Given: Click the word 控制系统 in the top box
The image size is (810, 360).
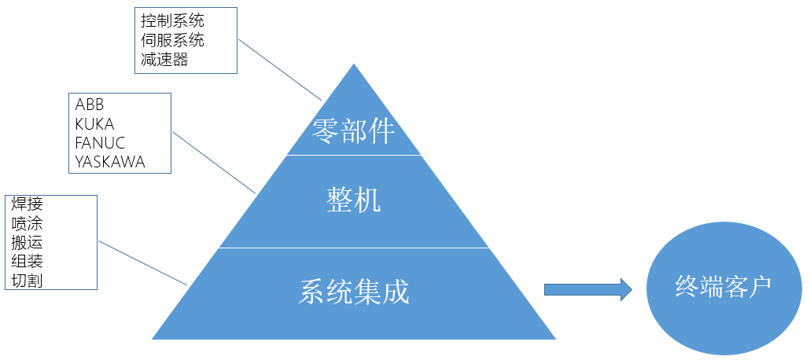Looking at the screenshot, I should click(173, 20).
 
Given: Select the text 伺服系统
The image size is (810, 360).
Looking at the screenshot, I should click(173, 39).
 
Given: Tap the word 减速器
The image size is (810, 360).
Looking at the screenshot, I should click(165, 59).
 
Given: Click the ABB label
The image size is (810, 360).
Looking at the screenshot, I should click(90, 105).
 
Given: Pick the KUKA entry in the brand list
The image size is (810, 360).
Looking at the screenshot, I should click(95, 124).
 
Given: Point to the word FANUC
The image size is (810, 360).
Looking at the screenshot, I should click(101, 143).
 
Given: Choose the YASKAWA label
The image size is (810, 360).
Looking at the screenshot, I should click(111, 162).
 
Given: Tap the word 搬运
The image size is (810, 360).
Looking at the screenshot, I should click(27, 243).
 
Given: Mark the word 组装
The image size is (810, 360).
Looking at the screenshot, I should click(27, 262).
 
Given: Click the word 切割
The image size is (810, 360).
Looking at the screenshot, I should click(27, 281).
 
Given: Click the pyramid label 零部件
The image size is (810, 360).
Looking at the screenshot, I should click(353, 130).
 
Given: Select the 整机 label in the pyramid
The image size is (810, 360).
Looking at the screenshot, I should click(353, 201).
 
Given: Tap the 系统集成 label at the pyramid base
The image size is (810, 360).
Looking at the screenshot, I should click(355, 292).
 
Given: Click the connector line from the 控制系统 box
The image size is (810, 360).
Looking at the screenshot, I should click(281, 70).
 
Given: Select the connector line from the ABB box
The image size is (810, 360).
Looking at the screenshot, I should click(214, 162).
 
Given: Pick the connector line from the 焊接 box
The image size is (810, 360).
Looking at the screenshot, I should click(142, 263).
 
